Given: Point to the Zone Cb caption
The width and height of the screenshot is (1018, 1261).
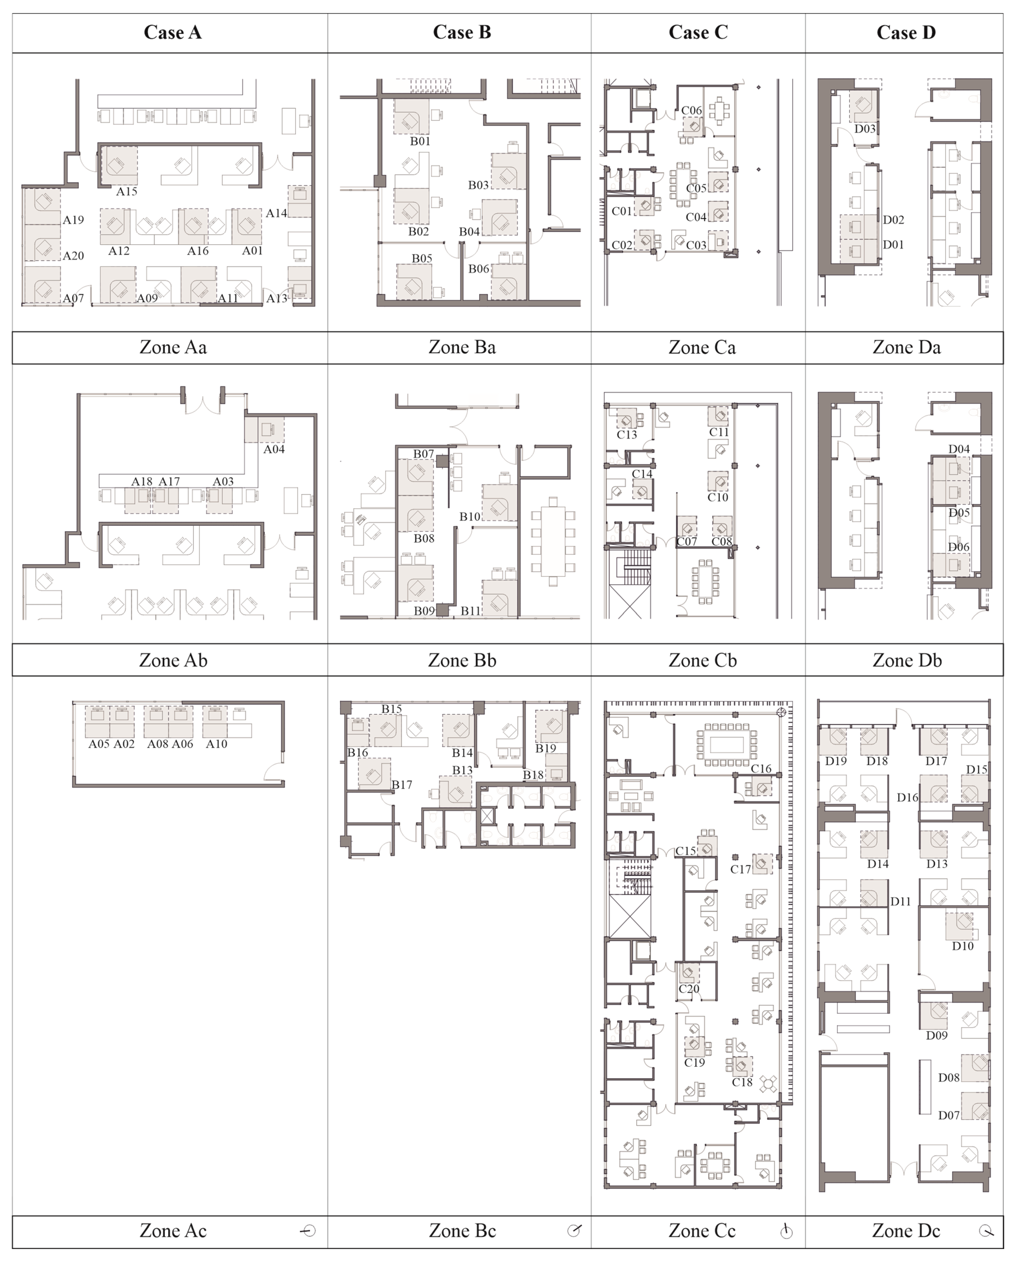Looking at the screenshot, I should tap(702, 660).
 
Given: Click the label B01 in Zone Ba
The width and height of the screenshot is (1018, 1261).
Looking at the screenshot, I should tap(420, 141).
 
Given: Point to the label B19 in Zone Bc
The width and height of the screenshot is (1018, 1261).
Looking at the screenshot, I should tap(545, 749).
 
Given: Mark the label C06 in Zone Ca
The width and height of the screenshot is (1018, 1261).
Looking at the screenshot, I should tap(691, 110).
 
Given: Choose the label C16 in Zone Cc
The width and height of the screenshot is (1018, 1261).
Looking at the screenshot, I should tap(761, 768).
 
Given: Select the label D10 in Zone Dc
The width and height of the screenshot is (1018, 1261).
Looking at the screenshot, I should tap(962, 946).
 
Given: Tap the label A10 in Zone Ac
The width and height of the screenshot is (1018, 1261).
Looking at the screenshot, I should tap(216, 744).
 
